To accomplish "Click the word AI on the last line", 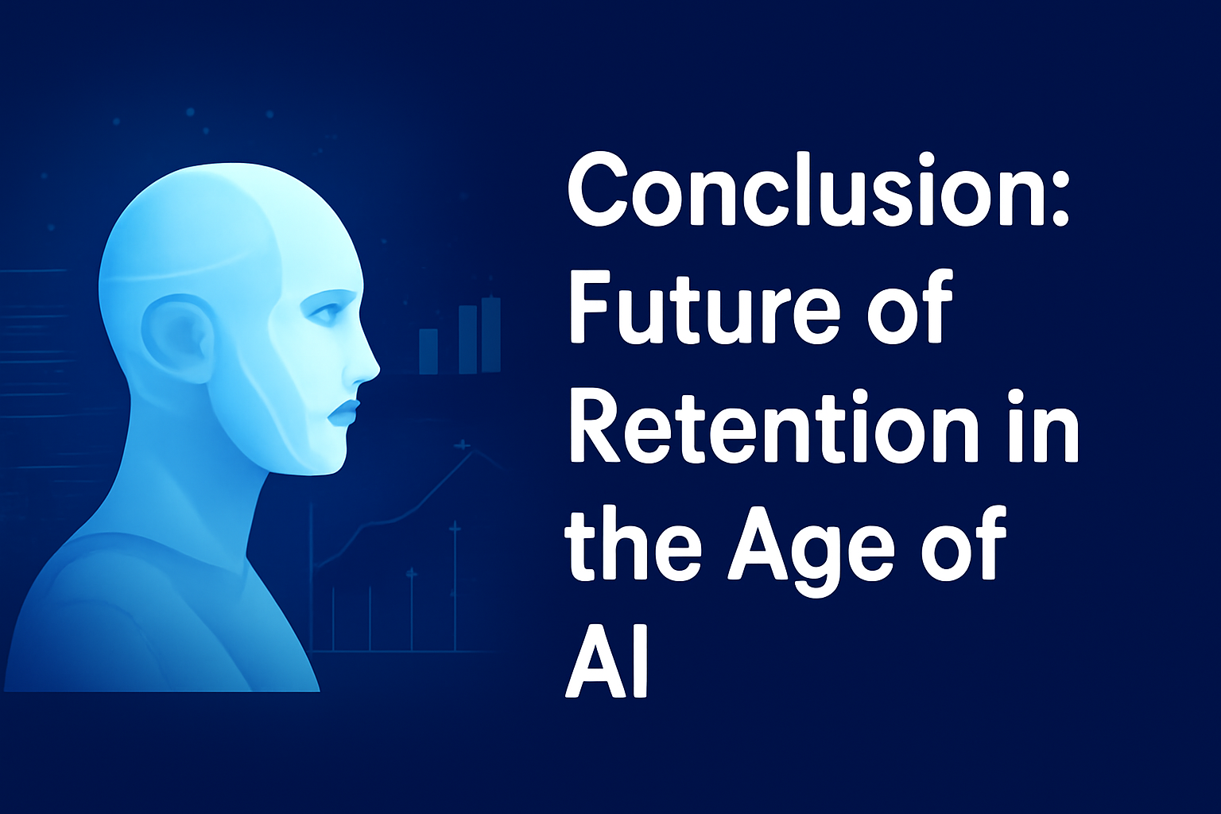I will pyautogui.click(x=608, y=664).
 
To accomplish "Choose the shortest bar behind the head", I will pyautogui.click(x=428, y=351).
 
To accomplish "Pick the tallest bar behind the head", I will pyautogui.click(x=490, y=334).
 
